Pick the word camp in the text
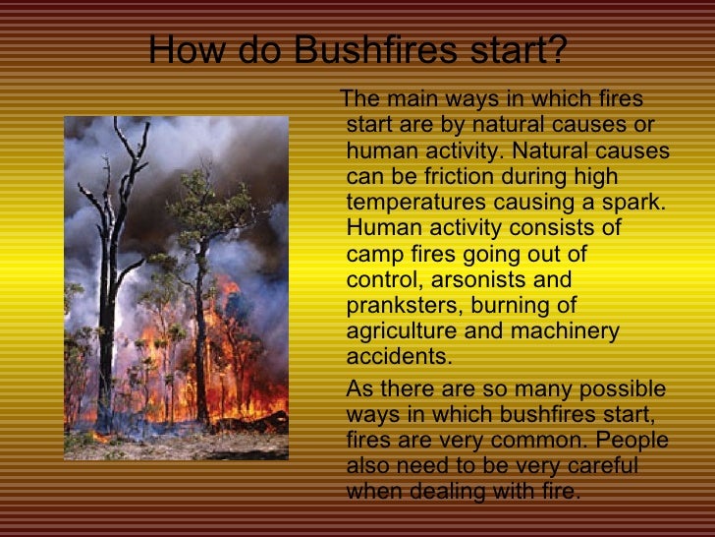(x=371, y=254)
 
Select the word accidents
(x=395, y=356)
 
